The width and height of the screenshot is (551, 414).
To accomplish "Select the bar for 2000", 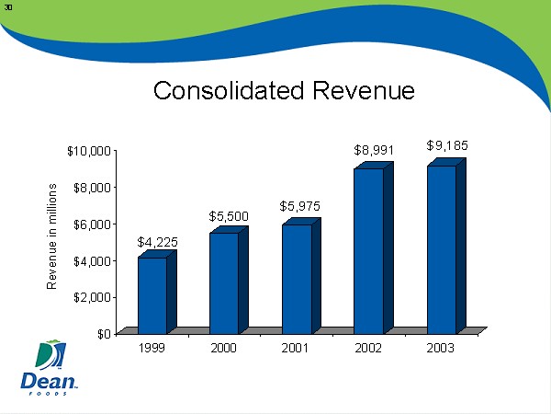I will coord(224,282).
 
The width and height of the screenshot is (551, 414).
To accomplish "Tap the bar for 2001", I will coord(297,278).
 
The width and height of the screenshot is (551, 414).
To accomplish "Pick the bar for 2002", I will coord(369,250).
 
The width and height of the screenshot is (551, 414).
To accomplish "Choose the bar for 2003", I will coord(441,248).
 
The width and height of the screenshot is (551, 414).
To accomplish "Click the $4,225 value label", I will coord(157,242).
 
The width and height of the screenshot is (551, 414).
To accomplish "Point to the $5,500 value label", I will coord(229,216).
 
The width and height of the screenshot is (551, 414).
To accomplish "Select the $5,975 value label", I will coord(300,206).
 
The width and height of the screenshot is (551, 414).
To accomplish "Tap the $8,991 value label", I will coord(374,148).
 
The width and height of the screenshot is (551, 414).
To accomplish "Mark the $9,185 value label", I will coord(447,145).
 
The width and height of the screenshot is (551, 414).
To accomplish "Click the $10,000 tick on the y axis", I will coord(89,151).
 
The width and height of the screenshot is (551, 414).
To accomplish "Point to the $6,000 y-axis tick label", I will coord(92,224).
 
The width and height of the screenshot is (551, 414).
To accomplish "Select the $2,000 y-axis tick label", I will coord(92,297).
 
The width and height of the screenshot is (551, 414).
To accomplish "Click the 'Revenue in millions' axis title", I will coord(52,236).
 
